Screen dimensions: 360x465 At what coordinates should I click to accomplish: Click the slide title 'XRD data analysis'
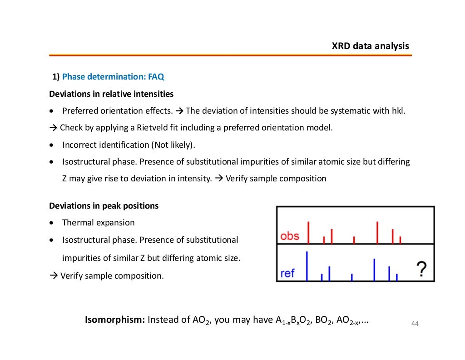pyautogui.click(x=370, y=46)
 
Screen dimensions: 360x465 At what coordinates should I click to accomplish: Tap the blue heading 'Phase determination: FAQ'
pyautogui.click(x=113, y=77)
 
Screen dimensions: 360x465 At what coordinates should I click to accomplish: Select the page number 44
pyautogui.click(x=414, y=324)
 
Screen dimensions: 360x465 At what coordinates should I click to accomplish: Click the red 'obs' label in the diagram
pyautogui.click(x=290, y=236)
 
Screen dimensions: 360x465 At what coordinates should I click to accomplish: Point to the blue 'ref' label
pyautogui.click(x=287, y=273)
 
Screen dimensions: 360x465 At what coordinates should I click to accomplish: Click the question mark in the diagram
pyautogui.click(x=421, y=269)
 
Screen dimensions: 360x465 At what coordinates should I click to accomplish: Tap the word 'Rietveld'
pyautogui.click(x=153, y=128)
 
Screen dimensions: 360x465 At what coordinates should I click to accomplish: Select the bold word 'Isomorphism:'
pyautogui.click(x=114, y=320)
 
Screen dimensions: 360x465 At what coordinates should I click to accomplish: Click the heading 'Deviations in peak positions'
pyautogui.click(x=104, y=205)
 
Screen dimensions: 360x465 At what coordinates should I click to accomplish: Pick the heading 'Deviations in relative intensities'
pyautogui.click(x=111, y=94)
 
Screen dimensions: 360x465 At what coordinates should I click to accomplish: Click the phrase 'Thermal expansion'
pyautogui.click(x=99, y=223)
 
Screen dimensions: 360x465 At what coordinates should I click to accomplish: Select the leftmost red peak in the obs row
pyautogui.click(x=308, y=232)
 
